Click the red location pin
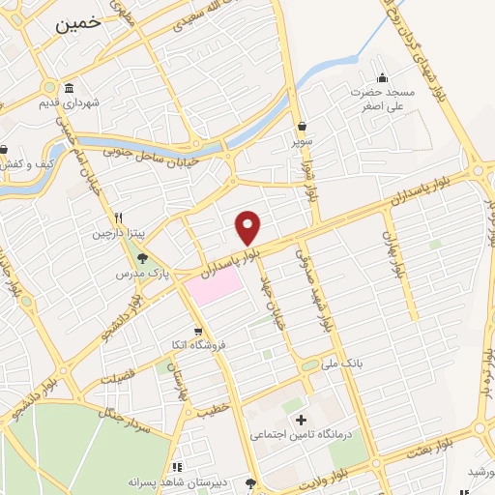point(248,227)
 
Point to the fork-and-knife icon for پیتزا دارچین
point(117,218)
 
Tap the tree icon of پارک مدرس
point(143,258)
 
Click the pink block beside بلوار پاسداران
point(213,284)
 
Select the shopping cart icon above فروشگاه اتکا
point(197,331)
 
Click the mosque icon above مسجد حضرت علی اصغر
point(383,78)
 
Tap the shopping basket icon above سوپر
point(304,126)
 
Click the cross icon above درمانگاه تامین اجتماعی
point(301,420)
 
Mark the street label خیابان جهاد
point(277,286)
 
